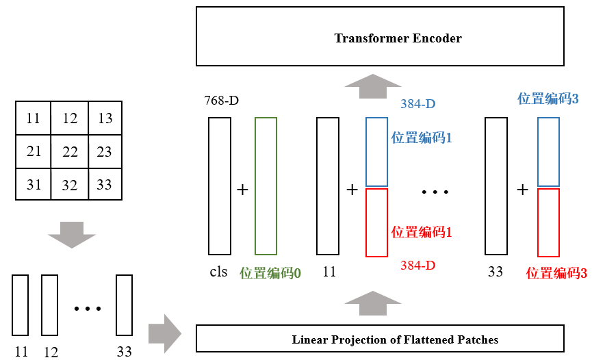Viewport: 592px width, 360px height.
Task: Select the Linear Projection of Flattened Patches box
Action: click(380, 339)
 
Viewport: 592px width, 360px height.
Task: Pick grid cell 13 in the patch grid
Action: click(105, 118)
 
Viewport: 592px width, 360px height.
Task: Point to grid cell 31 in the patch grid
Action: click(34, 184)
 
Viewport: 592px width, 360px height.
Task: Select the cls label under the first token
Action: click(218, 272)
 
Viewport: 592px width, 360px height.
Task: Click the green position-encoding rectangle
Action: click(266, 186)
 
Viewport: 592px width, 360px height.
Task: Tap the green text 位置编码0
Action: click(270, 272)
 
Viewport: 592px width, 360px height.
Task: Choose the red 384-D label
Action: click(418, 265)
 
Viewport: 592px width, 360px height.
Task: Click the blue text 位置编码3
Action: click(548, 99)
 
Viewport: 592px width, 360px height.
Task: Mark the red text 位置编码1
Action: click(422, 231)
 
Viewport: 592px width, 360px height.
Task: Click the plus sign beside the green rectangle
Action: click(242, 190)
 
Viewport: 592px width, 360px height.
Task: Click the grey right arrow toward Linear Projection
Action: click(164, 333)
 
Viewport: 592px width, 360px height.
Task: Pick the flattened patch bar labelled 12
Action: click(49, 305)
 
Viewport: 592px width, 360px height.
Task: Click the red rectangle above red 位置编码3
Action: click(549, 222)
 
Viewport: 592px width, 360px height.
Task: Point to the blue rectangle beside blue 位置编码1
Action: click(376, 151)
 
